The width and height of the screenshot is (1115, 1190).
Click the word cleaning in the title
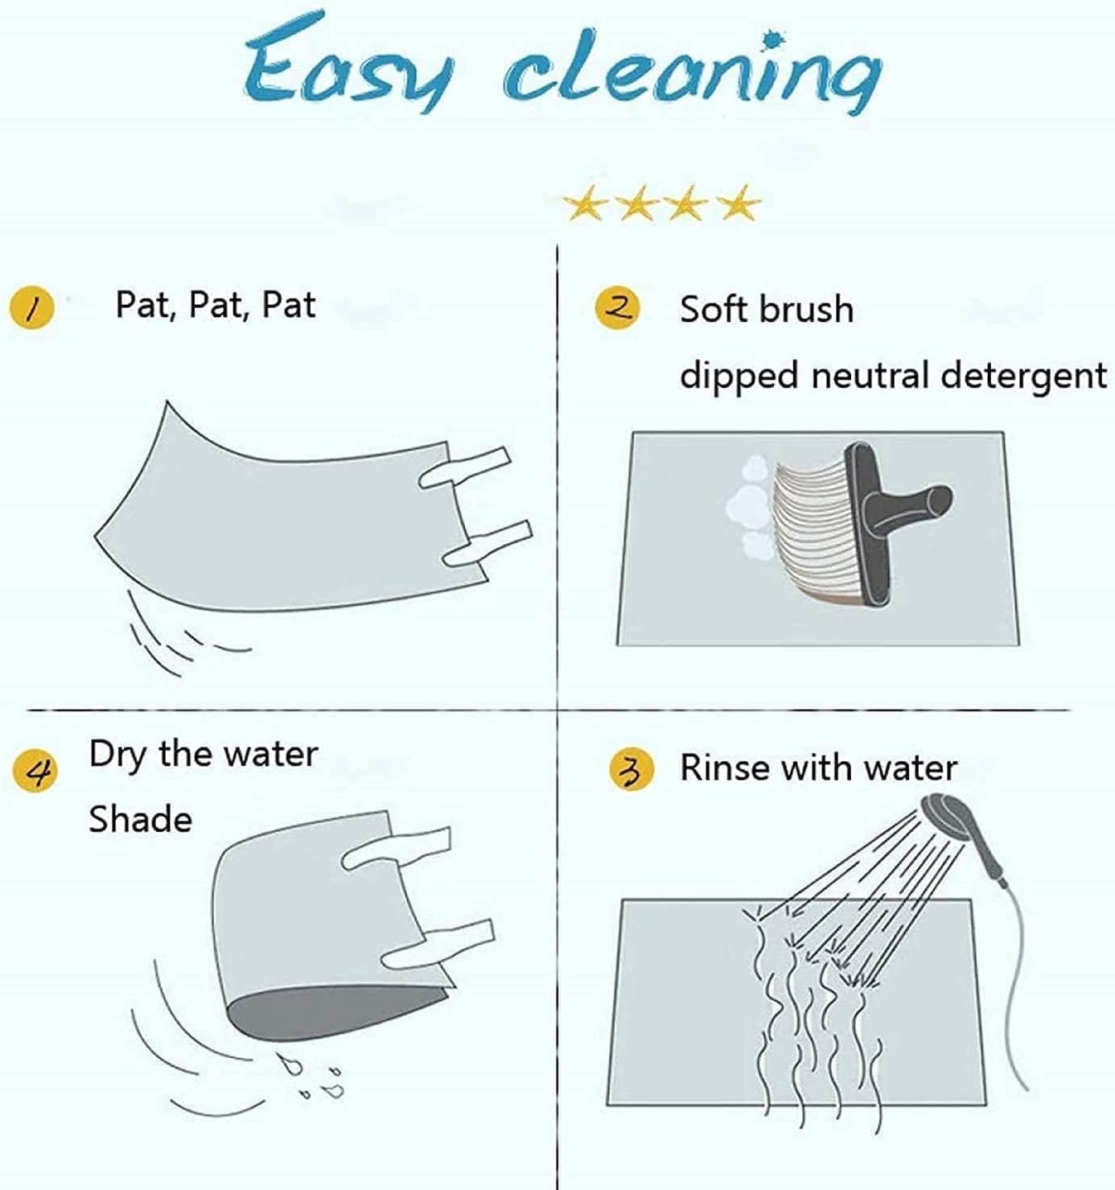pyautogui.click(x=693, y=72)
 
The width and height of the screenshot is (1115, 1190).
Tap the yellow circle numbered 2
pyautogui.click(x=617, y=308)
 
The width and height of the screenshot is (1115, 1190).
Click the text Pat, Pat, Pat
pyautogui.click(x=215, y=307)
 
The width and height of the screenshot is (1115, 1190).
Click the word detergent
pyautogui.click(x=1023, y=377)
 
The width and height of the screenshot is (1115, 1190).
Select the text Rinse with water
pyautogui.click(x=818, y=768)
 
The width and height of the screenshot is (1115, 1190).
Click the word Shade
pyautogui.click(x=140, y=819)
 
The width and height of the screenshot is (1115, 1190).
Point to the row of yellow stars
pyautogui.click(x=662, y=203)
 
